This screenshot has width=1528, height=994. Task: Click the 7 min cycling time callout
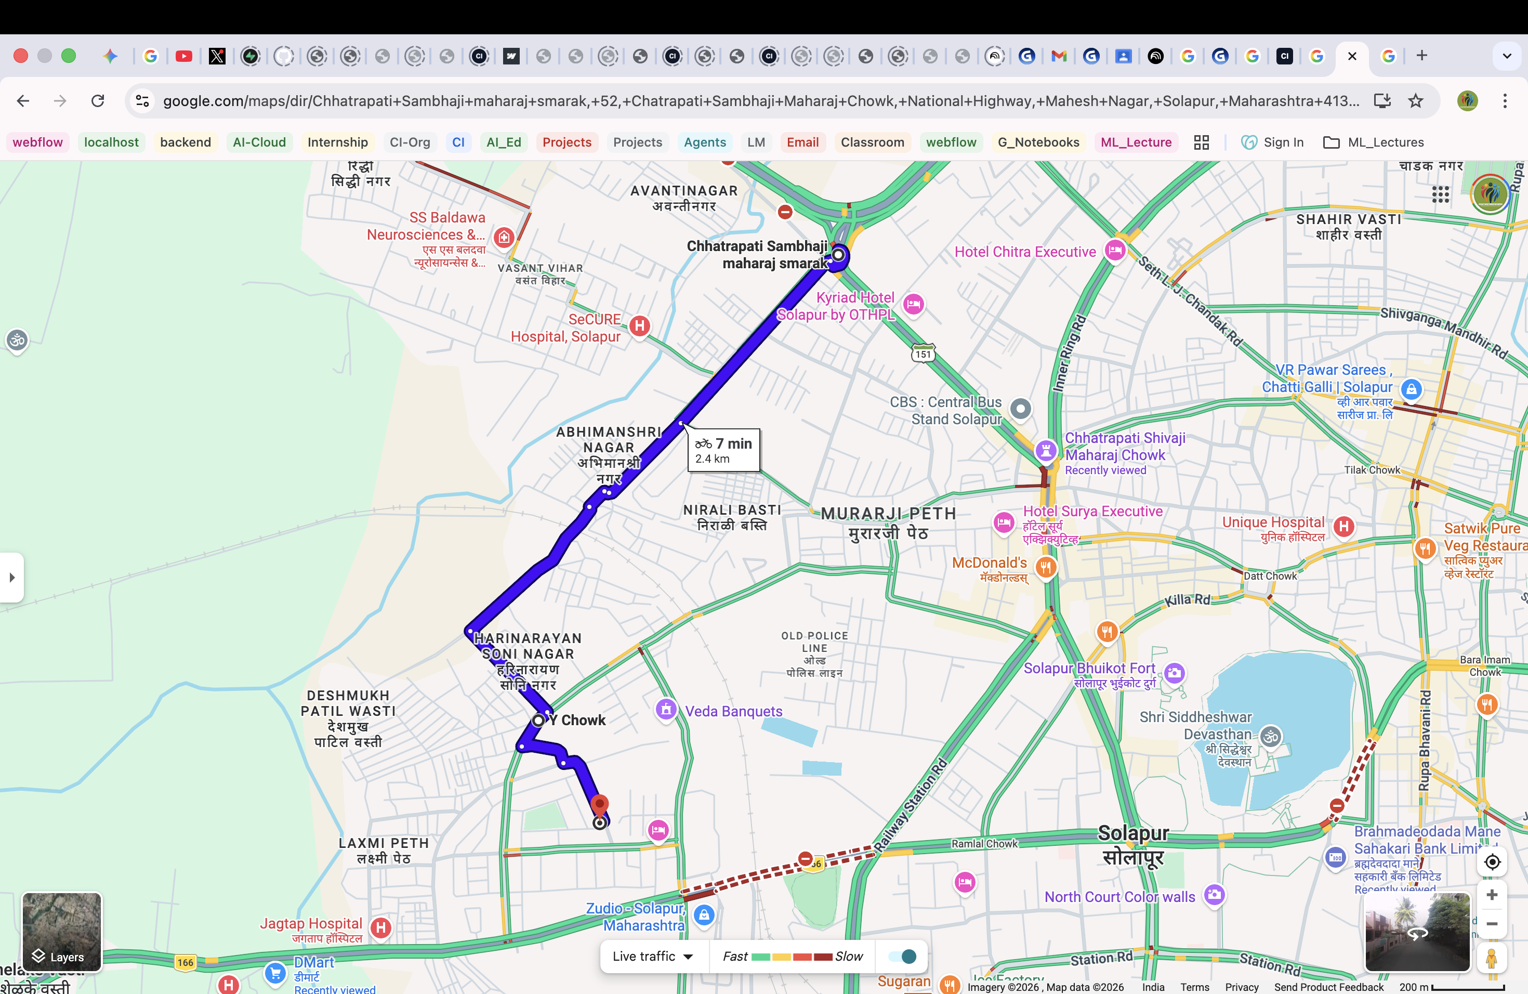point(723,450)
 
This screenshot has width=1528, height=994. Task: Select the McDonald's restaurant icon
point(1046,567)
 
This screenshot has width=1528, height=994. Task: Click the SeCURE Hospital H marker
point(639,326)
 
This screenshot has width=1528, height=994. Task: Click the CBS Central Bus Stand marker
point(1020,409)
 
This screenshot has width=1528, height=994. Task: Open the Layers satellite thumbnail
point(62,931)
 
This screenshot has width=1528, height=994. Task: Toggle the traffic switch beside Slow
point(903,956)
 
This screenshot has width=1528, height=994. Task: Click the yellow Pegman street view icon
point(1492,958)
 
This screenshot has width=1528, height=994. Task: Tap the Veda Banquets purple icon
point(666,710)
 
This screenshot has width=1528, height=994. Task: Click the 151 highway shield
point(923,354)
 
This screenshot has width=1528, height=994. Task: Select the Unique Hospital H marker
point(1343,527)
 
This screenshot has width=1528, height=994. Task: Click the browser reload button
point(98,101)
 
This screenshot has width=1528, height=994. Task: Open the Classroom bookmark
point(872,142)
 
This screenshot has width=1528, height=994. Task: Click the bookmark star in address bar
point(1416,101)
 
